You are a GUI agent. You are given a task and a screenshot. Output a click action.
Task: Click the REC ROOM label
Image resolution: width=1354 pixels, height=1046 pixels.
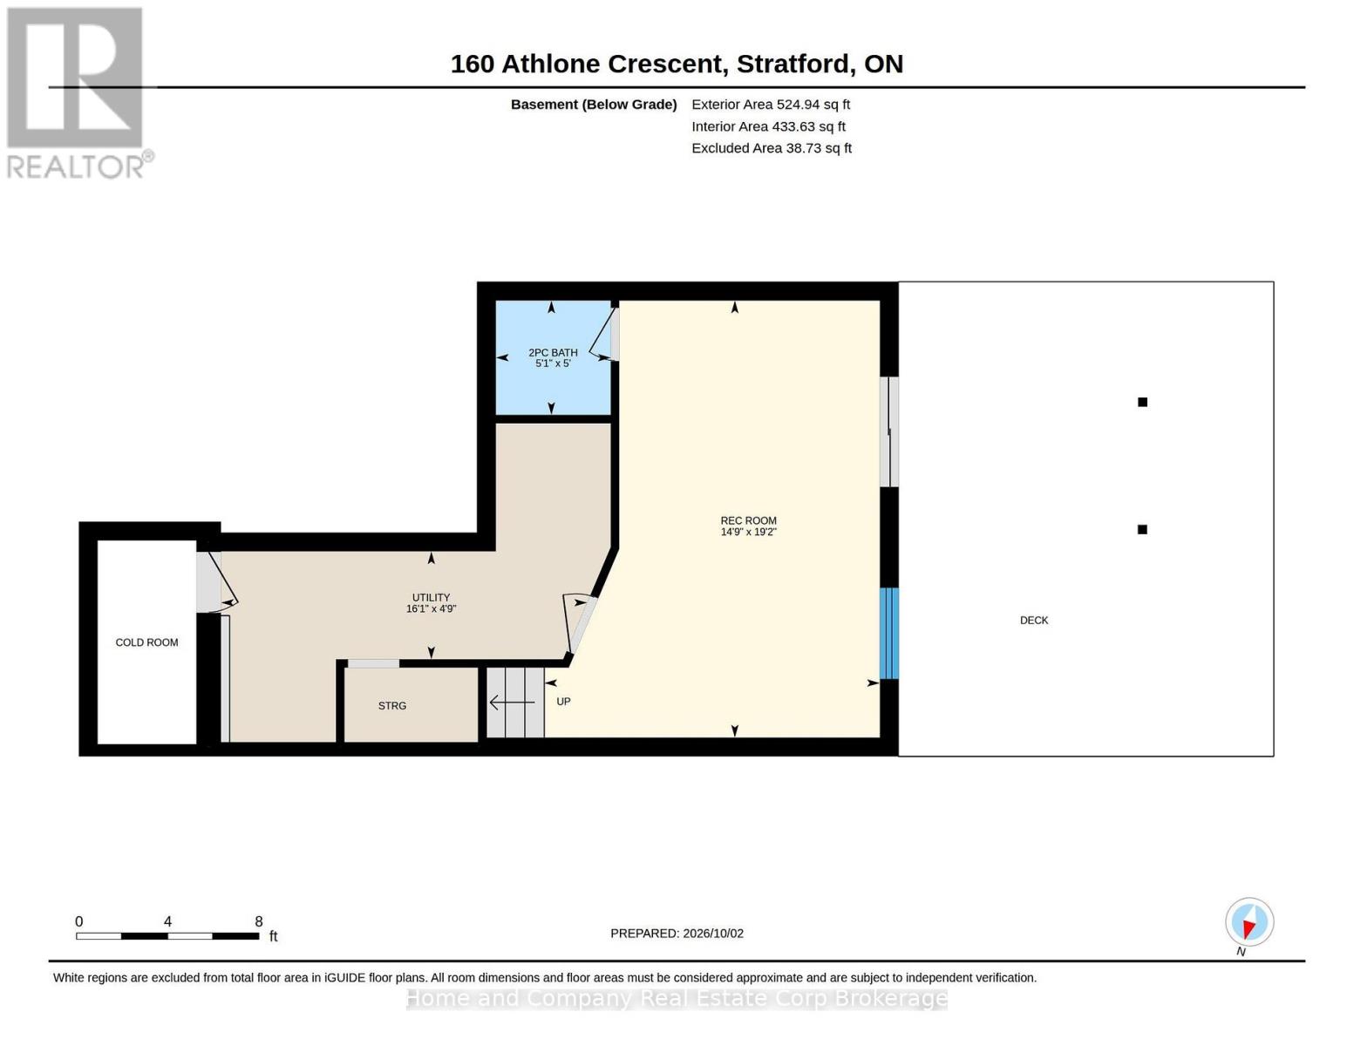coord(748,520)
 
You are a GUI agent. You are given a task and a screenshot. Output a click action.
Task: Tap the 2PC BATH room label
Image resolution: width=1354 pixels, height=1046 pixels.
coord(553,353)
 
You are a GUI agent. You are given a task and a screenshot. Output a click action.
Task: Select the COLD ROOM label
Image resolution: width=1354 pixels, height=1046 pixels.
coord(146,642)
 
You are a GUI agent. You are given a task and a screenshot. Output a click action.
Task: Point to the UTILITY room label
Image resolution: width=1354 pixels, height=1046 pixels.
coord(431,597)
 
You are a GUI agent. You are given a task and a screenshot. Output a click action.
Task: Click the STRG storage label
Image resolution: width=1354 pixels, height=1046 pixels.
coord(392,706)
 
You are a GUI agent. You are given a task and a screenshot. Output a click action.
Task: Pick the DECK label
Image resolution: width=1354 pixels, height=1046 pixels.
coord(1034,621)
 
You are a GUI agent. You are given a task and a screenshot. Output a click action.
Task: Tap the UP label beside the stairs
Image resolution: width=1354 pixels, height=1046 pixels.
coord(563,702)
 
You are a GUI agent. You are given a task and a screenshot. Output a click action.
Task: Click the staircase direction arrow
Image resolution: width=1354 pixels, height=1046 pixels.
coord(512,703)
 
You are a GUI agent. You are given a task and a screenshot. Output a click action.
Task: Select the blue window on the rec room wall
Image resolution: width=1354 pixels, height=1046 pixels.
coord(888,633)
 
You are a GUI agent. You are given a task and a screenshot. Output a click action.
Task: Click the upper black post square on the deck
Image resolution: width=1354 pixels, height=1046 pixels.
coord(1142,403)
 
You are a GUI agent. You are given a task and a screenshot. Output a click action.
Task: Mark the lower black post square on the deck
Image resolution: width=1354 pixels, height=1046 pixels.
coord(1142,530)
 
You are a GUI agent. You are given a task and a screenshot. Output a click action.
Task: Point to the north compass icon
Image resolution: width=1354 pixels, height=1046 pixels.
coord(1249,922)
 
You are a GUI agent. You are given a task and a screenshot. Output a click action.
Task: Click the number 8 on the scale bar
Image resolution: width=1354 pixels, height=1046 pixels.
coord(259,921)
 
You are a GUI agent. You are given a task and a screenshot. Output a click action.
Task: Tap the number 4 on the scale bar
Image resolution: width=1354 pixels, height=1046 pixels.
coord(167,921)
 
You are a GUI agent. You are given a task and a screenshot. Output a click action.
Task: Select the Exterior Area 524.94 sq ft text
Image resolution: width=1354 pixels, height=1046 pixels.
coord(771,105)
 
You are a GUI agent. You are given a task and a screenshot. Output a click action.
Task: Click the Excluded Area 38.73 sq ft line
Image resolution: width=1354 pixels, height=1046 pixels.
coord(772,148)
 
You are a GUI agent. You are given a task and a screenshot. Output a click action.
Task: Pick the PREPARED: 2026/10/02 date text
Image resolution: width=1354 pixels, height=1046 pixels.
coord(677,934)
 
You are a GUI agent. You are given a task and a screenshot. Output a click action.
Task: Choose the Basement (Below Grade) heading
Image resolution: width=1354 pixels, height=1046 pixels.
coord(594,105)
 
